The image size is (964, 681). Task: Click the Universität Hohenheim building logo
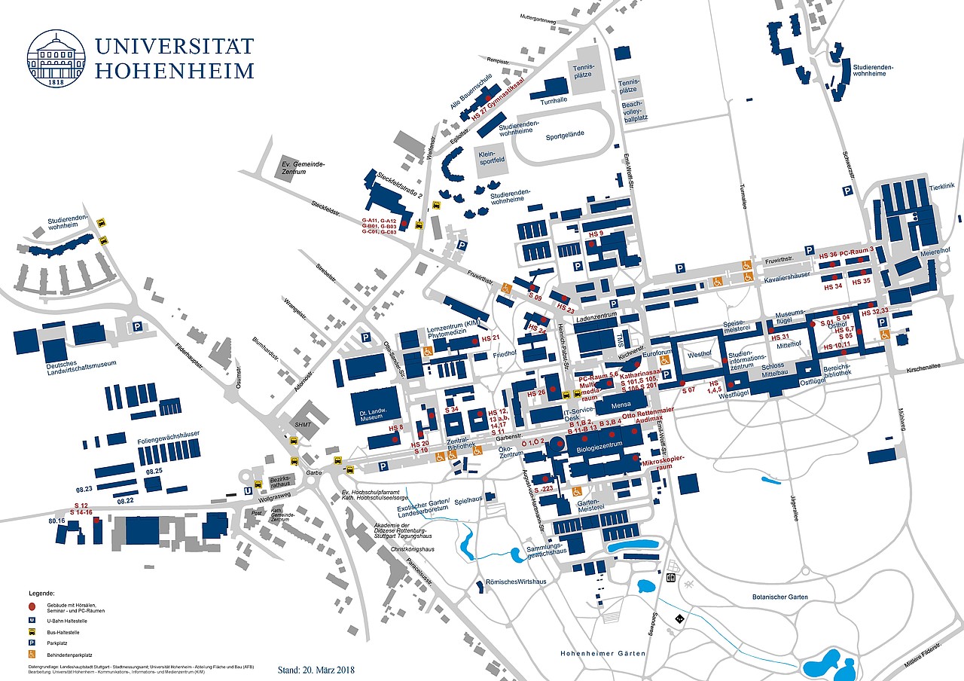[x=56, y=58]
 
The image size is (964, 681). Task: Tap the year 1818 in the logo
[x=56, y=82]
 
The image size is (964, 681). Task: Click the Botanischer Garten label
[x=779, y=597]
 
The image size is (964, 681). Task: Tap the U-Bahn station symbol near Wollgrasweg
[x=248, y=490]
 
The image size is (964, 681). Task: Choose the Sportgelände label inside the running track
[x=564, y=136]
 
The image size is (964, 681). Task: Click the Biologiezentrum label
[x=599, y=449]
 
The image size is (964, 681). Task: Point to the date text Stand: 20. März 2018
[x=316, y=669]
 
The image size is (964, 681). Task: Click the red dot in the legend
[x=33, y=606]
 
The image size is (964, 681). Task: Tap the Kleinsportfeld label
[x=491, y=157]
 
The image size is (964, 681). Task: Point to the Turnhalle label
[x=553, y=100]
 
